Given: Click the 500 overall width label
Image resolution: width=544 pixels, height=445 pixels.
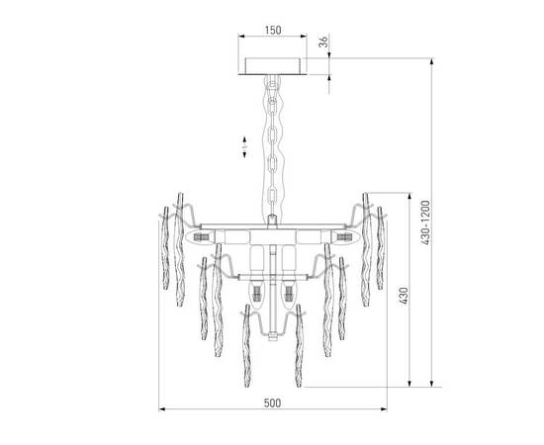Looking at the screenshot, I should [273, 402].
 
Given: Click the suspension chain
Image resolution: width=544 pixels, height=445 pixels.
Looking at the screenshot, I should [272, 148].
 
